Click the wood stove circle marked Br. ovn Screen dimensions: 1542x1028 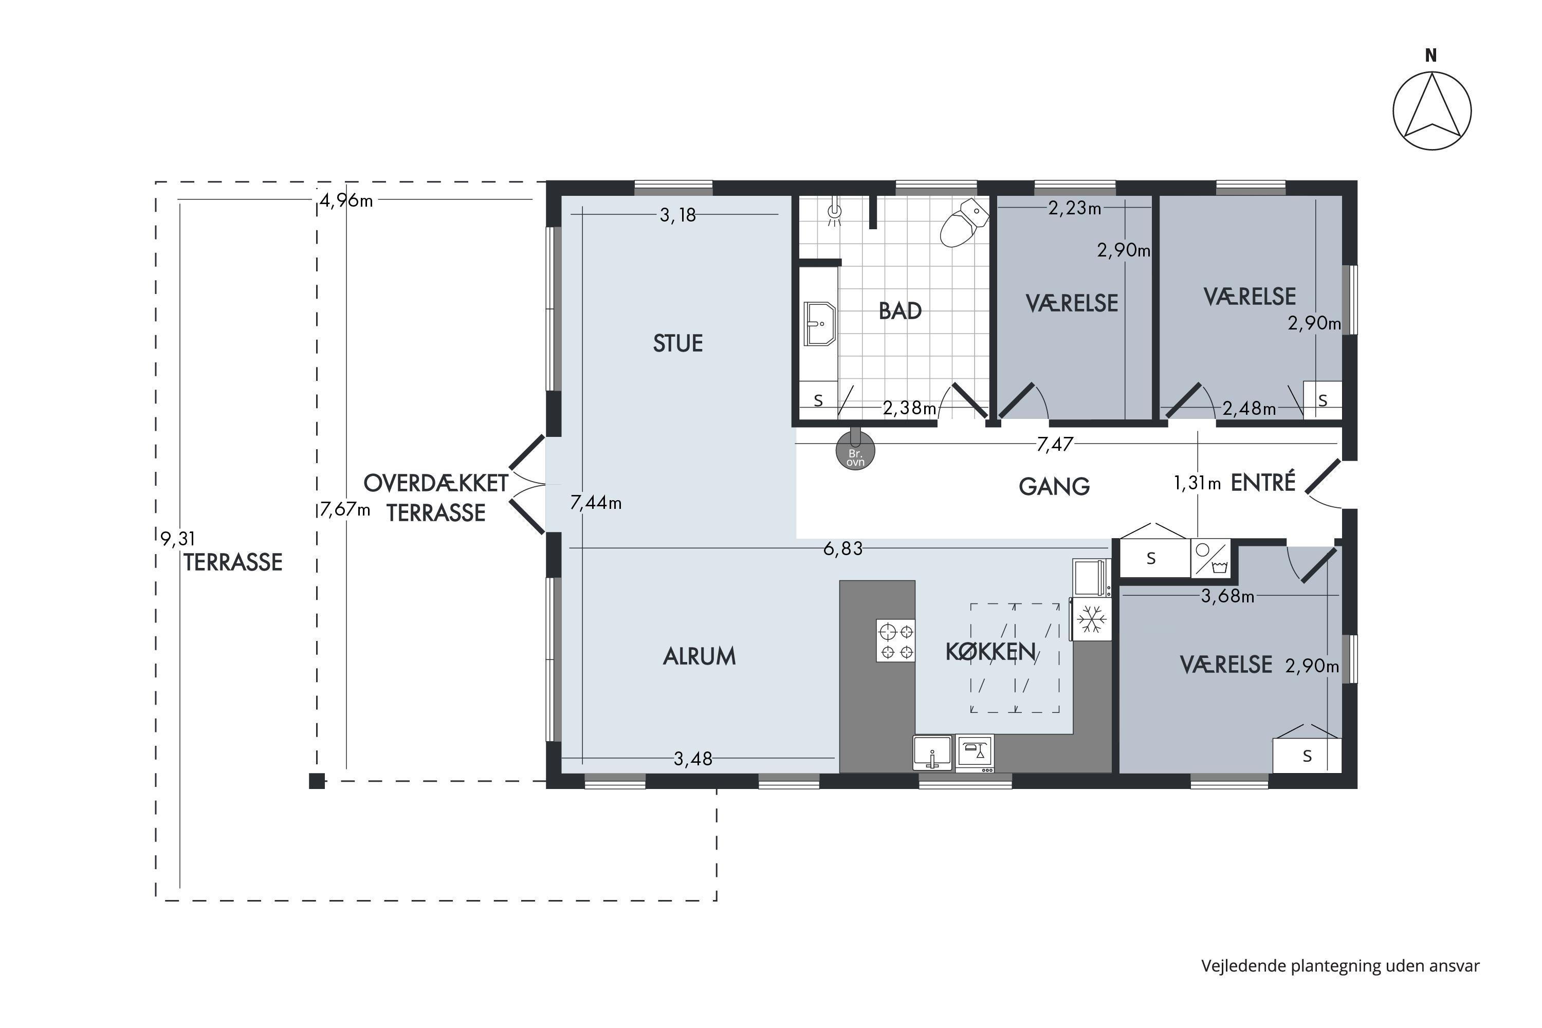[855, 451]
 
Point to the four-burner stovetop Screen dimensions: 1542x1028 [895, 640]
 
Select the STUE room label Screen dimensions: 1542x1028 [678, 343]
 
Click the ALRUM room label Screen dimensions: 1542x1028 [700, 656]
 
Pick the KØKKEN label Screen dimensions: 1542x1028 [990, 652]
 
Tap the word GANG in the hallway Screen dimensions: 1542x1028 [1054, 486]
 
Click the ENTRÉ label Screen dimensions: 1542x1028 [1263, 482]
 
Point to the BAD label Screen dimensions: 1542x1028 [900, 311]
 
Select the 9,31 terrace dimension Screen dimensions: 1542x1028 [178, 538]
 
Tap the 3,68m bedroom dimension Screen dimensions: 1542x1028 [1227, 596]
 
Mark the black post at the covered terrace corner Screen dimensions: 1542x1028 [317, 781]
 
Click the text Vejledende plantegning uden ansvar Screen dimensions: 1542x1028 [1340, 966]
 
